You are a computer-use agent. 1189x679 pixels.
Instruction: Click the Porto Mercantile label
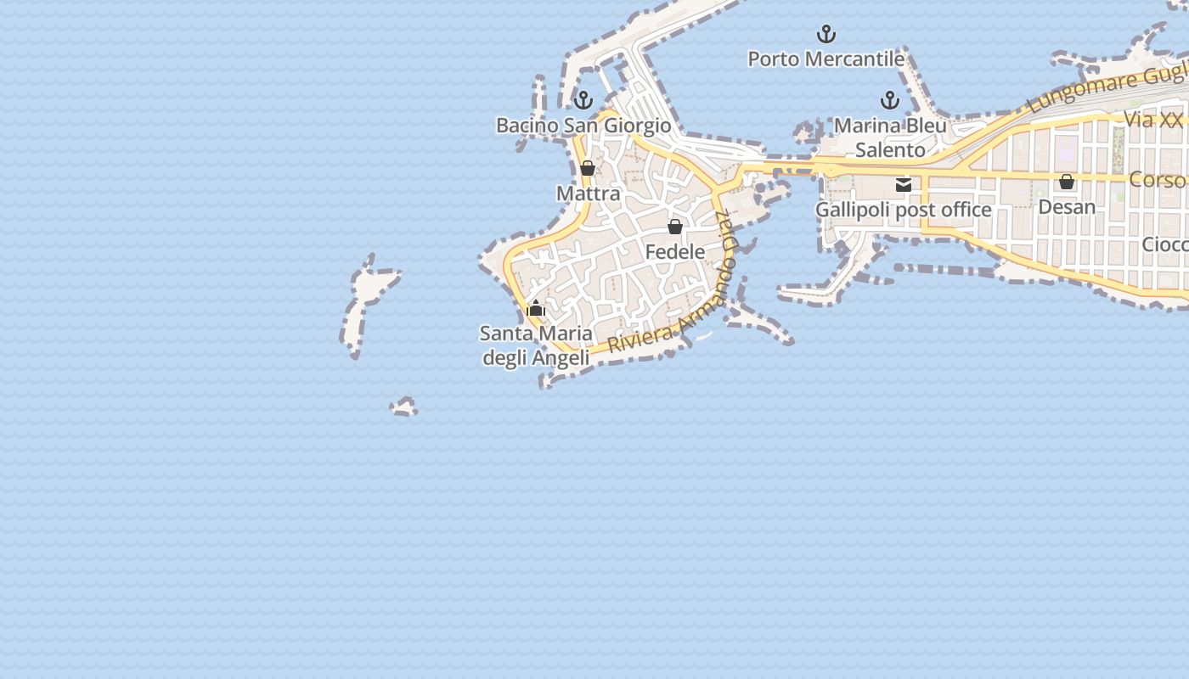click(x=826, y=59)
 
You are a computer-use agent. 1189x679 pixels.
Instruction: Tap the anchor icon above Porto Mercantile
click(x=826, y=35)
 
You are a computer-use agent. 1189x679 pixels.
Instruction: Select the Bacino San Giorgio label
click(x=583, y=126)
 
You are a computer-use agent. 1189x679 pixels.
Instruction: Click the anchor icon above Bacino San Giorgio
click(x=583, y=101)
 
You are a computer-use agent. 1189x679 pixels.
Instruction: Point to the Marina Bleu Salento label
click(x=890, y=137)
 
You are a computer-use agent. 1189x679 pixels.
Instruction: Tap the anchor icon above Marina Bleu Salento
click(x=890, y=101)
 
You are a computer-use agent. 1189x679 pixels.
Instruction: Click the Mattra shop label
click(x=589, y=194)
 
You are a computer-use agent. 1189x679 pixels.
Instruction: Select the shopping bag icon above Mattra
click(x=588, y=168)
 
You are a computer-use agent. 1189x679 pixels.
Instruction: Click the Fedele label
click(x=675, y=252)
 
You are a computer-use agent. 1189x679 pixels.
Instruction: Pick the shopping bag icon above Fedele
click(x=675, y=227)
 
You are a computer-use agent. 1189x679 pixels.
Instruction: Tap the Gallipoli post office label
click(x=904, y=210)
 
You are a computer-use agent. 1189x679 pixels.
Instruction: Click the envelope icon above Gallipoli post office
click(x=904, y=184)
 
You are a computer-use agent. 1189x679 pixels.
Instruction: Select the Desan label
click(x=1067, y=207)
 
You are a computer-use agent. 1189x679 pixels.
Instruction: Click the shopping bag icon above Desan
click(x=1067, y=182)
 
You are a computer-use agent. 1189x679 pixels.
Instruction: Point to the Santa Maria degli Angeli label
click(x=536, y=345)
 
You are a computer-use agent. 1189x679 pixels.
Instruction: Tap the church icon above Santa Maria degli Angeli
click(x=536, y=308)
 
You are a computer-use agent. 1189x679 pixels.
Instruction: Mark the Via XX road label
click(x=1153, y=120)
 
